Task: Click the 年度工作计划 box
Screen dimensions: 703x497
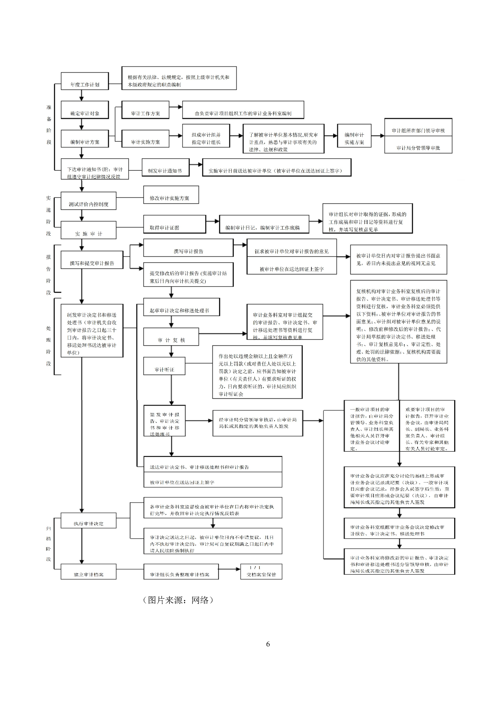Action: point(85,81)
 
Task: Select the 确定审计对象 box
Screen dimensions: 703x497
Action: point(85,110)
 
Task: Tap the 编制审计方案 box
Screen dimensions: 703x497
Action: point(85,139)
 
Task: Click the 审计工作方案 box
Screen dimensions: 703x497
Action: point(145,110)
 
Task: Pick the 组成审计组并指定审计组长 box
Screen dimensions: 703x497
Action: point(206,139)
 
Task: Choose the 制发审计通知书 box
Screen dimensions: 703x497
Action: point(164,168)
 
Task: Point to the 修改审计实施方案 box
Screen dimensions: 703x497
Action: point(171,195)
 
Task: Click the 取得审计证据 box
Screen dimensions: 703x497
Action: point(174,224)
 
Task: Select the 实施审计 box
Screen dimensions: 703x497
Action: point(89,230)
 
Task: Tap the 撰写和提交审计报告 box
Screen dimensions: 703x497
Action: point(92,260)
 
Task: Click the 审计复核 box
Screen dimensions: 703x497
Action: point(171,337)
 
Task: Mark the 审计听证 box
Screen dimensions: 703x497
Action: point(164,366)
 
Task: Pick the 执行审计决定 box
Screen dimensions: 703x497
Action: point(89,520)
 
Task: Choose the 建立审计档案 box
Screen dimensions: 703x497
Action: point(89,572)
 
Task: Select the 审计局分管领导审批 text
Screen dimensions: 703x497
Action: point(418,147)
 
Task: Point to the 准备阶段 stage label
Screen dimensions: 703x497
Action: point(49,125)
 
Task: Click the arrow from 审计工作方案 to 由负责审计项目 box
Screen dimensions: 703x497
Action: point(176,107)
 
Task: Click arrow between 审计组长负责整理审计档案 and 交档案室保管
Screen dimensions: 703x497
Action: point(229,569)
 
